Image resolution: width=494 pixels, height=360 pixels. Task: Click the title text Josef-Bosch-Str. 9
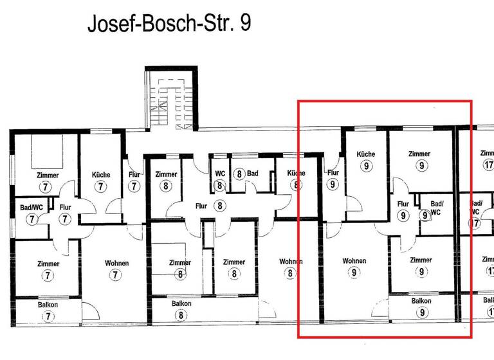(x=169, y=23)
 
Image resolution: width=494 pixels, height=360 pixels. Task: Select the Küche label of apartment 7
(x=101, y=175)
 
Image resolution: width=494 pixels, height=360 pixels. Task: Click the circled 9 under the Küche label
(x=366, y=166)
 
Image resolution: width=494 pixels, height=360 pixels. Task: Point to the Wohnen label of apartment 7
(x=116, y=264)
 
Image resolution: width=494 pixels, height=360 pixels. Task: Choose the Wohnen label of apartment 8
(x=291, y=262)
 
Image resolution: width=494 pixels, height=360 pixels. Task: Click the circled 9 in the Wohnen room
(x=354, y=273)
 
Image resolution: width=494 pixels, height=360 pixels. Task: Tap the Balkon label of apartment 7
(x=48, y=305)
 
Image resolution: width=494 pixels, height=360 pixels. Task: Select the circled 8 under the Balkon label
(x=181, y=315)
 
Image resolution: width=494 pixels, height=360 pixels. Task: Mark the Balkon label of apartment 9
(x=421, y=301)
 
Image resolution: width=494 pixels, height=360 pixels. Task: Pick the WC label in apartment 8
(x=220, y=174)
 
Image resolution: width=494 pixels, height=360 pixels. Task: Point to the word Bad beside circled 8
(x=252, y=174)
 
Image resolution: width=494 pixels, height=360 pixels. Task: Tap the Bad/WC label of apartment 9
(x=435, y=208)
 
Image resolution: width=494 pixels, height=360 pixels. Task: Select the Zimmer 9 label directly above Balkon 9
(x=421, y=260)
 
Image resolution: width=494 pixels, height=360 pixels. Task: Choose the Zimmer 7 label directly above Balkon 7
(x=48, y=264)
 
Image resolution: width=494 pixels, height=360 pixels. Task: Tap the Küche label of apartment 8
(x=296, y=174)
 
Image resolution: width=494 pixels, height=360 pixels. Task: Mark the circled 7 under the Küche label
(x=101, y=186)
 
